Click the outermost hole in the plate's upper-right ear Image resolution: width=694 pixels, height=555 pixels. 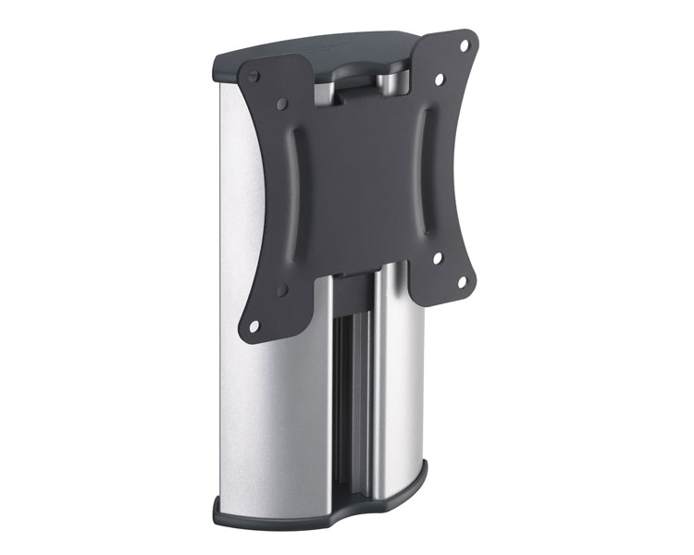pyautogui.click(x=464, y=43)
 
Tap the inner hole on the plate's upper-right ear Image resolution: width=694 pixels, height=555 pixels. pyautogui.click(x=440, y=80)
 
